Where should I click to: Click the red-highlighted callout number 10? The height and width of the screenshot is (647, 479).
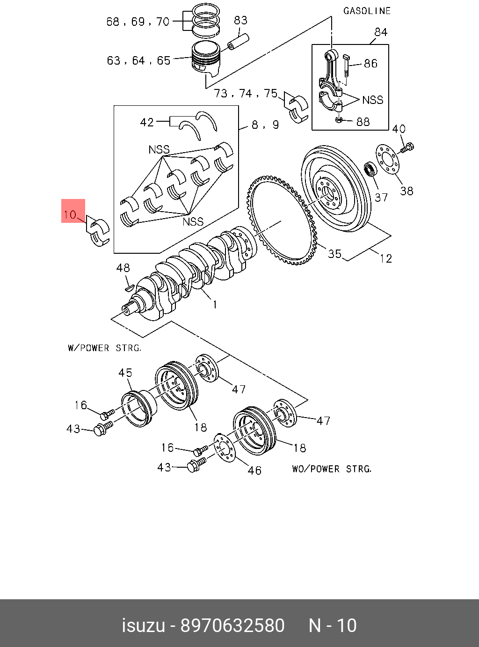pos(70,215)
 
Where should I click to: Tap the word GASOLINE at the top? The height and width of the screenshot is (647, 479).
pos(367,11)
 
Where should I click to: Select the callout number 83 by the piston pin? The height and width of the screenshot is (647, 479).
pos(240,21)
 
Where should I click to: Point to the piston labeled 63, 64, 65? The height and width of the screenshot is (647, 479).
pos(206,59)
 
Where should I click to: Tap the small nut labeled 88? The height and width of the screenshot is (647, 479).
pos(339,119)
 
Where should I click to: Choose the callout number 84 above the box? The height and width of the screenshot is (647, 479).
pos(381,32)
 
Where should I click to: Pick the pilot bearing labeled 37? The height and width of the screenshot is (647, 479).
pos(371,169)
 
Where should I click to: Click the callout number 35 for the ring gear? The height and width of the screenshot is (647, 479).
pos(334,254)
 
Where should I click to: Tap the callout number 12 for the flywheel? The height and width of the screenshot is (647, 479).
pos(385,258)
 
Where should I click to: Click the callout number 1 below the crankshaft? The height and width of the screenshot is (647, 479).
pos(215,305)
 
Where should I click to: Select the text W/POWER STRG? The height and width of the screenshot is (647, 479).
pos(104,348)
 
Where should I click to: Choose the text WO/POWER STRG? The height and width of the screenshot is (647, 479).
pos(332,469)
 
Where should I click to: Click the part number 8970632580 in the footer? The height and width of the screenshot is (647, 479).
pos(232,625)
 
